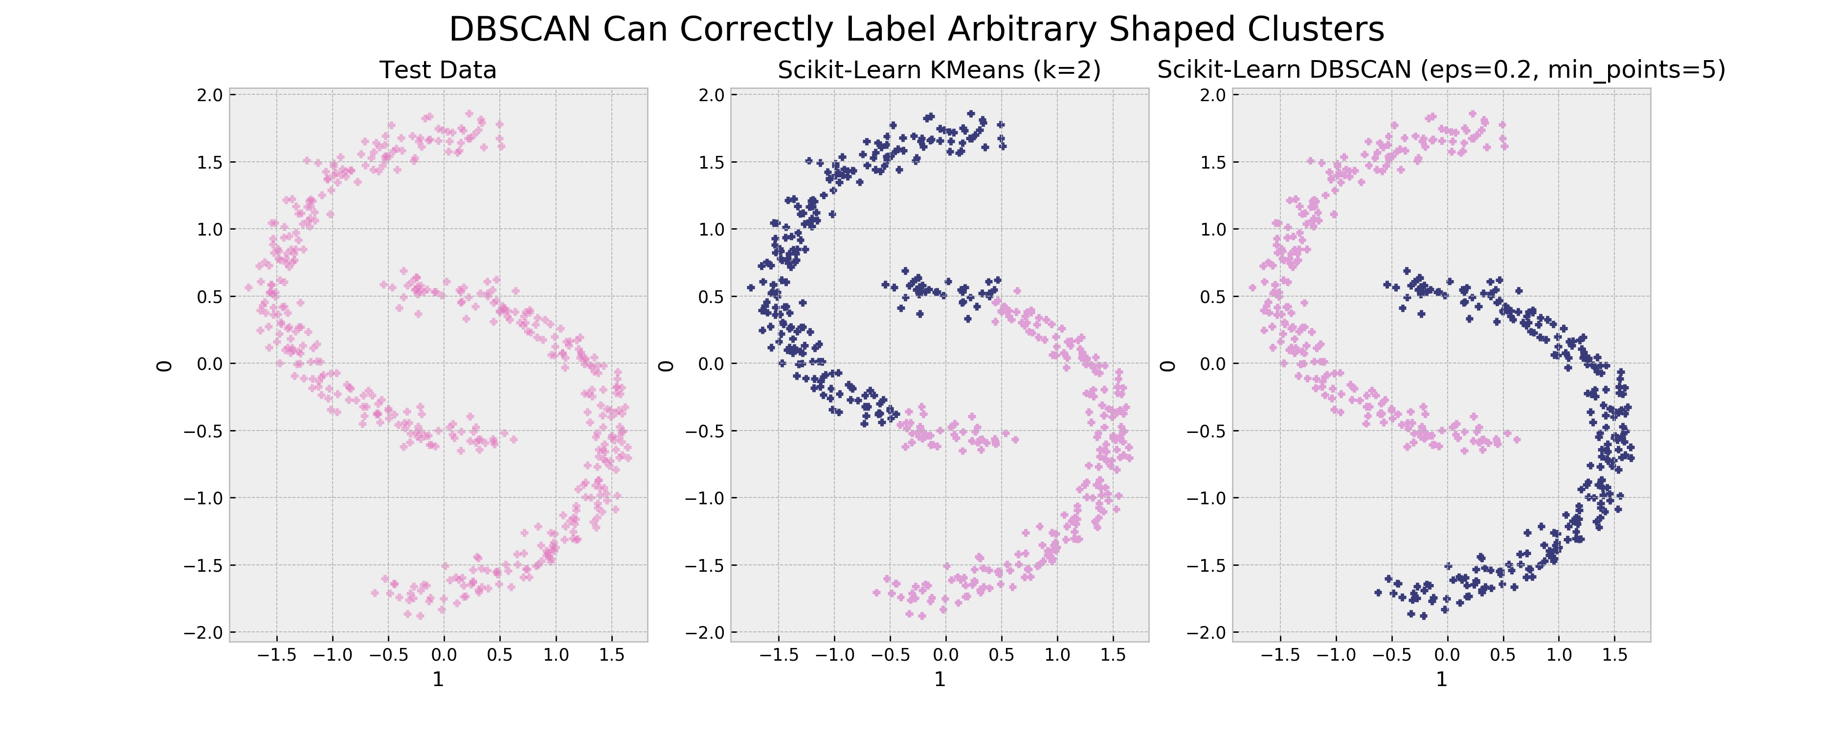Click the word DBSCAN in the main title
pos(520,30)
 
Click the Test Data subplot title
pos(438,70)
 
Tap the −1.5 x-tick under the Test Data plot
pos(276,655)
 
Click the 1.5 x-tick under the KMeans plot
pos(1113,655)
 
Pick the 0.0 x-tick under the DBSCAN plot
pos(1447,655)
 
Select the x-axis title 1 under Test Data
pos(438,680)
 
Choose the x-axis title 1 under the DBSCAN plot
pos(1441,680)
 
